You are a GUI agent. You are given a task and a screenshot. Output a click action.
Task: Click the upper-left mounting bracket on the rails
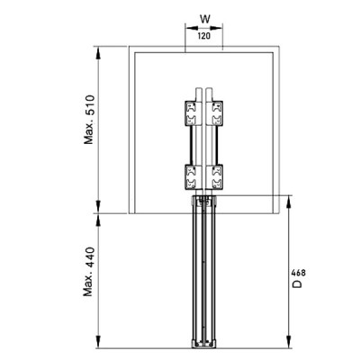[x=191, y=115]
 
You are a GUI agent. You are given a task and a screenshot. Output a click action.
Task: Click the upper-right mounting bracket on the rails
[x=218, y=115]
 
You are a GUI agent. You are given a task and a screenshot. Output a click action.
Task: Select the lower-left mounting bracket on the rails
[x=191, y=175]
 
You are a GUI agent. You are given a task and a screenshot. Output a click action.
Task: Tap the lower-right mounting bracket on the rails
[x=218, y=175]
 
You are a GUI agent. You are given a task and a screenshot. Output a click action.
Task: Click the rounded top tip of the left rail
[x=199, y=89]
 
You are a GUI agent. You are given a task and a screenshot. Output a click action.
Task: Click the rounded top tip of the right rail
[x=210, y=89]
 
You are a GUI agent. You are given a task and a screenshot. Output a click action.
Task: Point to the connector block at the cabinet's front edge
[x=204, y=200]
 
